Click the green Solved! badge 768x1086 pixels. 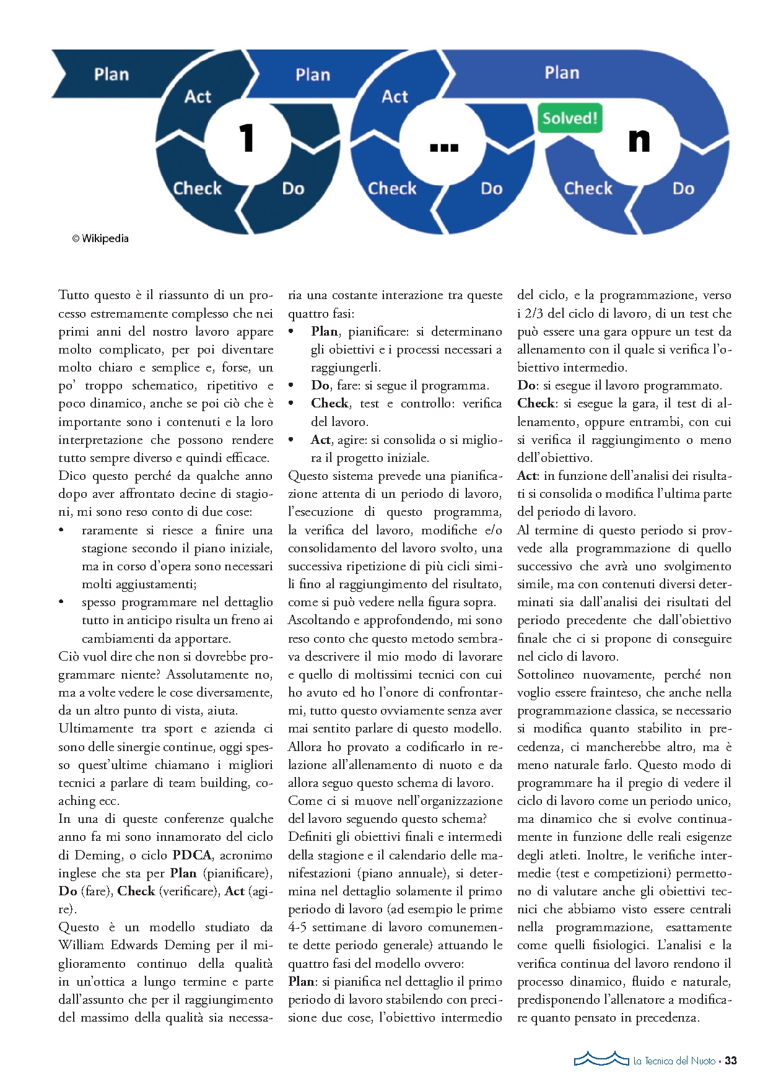tap(570, 118)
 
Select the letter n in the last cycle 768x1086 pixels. tap(639, 140)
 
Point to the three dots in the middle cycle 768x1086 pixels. tap(443, 147)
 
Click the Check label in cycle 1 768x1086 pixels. tap(197, 188)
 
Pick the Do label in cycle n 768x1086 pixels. tap(683, 189)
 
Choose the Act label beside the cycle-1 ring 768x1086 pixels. tap(198, 97)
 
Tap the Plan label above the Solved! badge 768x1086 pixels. tap(562, 73)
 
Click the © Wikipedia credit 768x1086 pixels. tap(100, 238)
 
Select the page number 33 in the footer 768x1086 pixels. tap(731, 1061)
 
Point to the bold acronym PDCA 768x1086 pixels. tap(192, 855)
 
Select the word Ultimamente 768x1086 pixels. tap(95, 729)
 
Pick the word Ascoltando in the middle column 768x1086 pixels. tap(318, 620)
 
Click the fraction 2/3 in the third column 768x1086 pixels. tap(531, 313)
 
